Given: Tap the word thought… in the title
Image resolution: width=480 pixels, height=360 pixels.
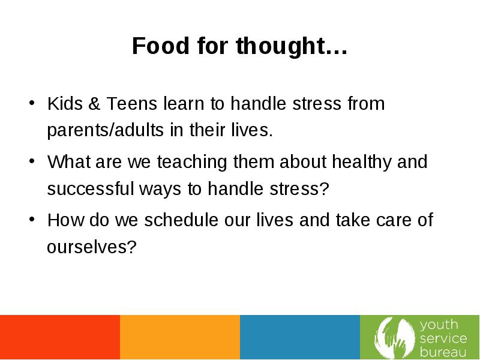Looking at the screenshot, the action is coord(292,47).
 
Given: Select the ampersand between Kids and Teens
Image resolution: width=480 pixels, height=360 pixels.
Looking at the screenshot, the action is coord(94,103).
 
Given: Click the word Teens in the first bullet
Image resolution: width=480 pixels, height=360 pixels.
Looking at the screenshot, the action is coord(131,103).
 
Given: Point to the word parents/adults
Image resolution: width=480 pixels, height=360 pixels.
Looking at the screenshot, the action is coord(106,130).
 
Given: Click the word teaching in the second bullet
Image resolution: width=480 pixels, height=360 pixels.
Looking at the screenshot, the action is coord(192,162).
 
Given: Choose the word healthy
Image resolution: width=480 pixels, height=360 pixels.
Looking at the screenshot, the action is coord(362,162).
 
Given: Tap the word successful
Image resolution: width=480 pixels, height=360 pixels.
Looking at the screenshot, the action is coord(91,188).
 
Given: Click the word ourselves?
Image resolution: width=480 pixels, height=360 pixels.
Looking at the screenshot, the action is coord(92,247).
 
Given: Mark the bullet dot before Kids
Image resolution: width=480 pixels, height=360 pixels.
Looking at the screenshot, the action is coord(32,103).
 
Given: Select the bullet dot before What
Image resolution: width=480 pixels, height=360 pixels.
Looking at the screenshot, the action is coord(32,161).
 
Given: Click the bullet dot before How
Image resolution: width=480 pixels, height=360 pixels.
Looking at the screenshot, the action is coord(32,219).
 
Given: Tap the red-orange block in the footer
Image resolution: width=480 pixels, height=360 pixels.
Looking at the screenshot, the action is coord(60,337).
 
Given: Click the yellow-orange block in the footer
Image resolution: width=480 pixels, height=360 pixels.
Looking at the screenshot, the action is coord(180,337).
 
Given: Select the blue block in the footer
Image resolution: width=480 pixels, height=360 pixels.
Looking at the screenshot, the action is coord(300,337).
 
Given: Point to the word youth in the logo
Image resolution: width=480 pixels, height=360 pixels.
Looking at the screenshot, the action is coord(439,325).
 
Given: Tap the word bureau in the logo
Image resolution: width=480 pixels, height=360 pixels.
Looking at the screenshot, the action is coord(443,352).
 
